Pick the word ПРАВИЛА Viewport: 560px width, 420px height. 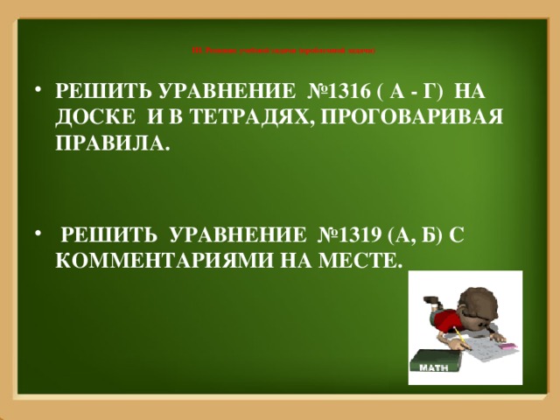coord(108,143)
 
